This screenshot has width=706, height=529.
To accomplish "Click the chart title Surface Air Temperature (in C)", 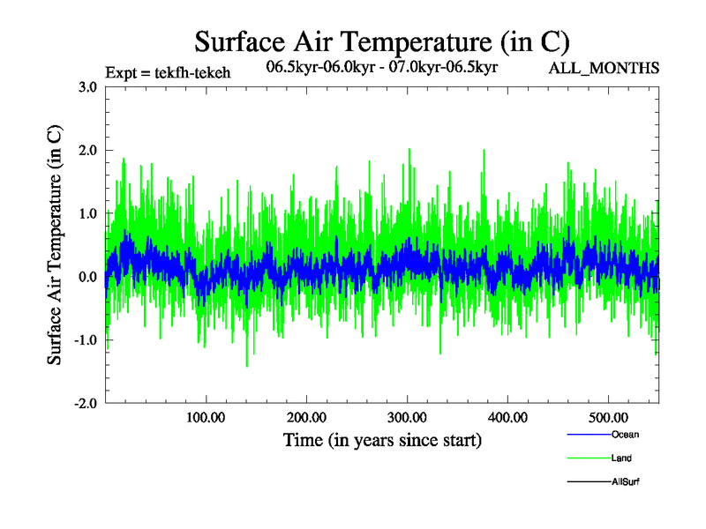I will point(381,41).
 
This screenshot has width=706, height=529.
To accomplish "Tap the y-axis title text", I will point(55,245).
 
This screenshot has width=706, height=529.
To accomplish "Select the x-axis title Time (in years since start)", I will point(381,439).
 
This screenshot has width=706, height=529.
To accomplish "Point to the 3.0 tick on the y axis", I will point(86,86).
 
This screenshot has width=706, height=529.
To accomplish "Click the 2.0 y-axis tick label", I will point(86,150).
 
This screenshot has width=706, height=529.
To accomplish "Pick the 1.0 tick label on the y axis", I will point(86,213).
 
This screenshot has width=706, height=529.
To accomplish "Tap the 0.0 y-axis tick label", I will point(86,277).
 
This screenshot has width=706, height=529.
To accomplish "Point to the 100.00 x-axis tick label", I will point(205,417).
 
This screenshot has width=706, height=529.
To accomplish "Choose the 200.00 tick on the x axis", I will point(305,417).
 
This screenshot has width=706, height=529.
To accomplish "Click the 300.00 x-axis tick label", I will point(407,417).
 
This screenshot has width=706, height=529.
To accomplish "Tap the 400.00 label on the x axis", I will point(507,417).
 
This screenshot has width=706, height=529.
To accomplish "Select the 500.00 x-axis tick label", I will point(608,417).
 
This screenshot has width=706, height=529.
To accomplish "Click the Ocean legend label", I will point(624,435).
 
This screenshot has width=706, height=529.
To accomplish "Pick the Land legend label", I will point(621,458).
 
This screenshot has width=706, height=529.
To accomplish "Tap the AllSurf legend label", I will point(625,481).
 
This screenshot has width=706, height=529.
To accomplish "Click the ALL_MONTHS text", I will point(605,68).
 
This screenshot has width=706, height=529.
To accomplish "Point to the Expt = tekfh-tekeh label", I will point(167,72).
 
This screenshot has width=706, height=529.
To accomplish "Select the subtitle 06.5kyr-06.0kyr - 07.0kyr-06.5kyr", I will point(383,66).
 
